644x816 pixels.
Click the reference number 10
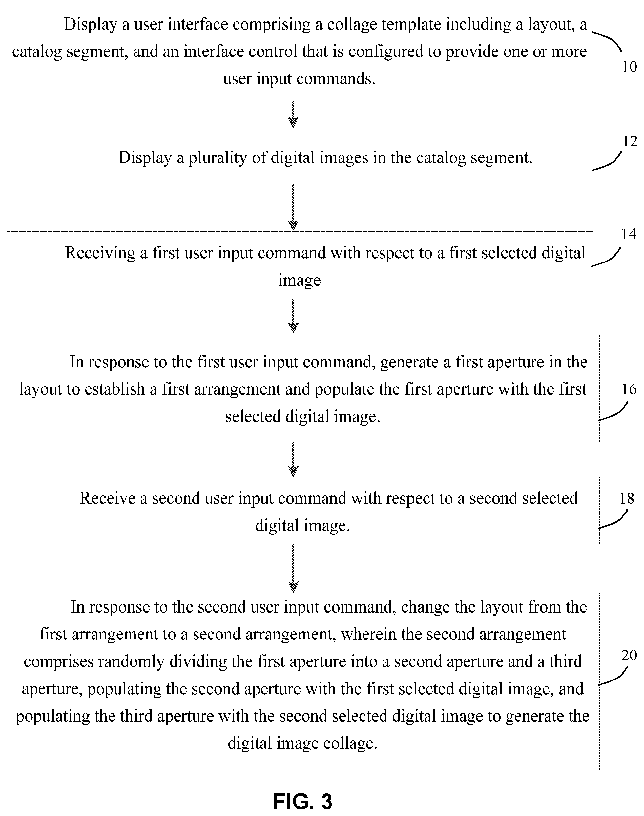coord(629,67)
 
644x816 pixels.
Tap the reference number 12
coord(630,141)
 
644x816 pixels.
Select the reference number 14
coord(629,234)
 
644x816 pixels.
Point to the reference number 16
coord(629,389)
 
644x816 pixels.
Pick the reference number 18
coord(627,498)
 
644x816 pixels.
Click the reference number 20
coord(629,655)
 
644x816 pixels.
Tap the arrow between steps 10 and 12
coord(293,115)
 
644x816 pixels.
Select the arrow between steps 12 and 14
coord(293,208)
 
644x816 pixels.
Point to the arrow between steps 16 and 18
coord(293,460)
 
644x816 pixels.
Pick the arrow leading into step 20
coord(293,569)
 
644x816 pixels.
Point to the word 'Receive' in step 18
coord(108,498)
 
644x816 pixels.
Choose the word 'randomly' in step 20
coord(132,661)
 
